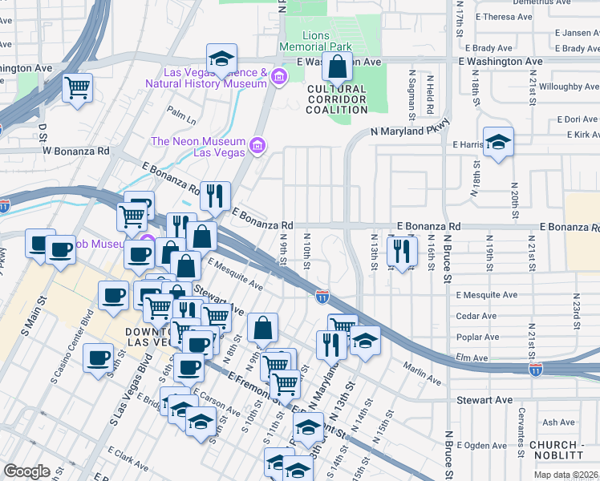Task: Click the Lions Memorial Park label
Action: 326,42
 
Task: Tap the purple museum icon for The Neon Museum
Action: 257,145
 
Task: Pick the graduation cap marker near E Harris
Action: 498,142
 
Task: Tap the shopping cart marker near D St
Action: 77,87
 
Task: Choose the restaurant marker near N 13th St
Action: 402,251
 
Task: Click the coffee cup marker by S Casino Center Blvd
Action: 99,357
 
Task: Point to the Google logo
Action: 26,471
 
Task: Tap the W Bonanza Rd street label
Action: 75,151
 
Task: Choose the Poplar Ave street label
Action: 477,338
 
